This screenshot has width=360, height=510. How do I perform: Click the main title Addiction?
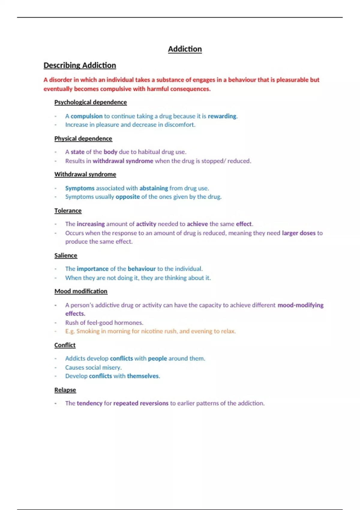(x=185, y=49)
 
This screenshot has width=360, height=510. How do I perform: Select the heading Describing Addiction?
(x=80, y=65)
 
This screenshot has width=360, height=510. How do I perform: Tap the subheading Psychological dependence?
(x=91, y=102)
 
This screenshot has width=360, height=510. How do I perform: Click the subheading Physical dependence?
(x=83, y=139)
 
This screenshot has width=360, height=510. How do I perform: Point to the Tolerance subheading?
(x=68, y=211)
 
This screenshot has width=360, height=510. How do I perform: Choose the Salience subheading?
(x=66, y=256)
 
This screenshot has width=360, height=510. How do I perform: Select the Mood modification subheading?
(x=81, y=291)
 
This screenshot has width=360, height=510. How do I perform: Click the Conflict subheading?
(x=65, y=345)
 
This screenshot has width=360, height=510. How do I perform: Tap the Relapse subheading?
(x=65, y=390)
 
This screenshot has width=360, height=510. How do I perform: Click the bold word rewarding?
(x=222, y=116)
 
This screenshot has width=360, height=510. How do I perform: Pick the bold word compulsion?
(x=86, y=116)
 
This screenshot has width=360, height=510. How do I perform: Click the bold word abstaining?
(x=154, y=188)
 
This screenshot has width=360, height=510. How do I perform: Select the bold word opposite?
(x=127, y=197)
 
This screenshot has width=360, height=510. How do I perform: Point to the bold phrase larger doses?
(x=298, y=233)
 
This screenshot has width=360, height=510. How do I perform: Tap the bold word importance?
(x=92, y=269)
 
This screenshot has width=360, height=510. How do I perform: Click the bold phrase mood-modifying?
(x=300, y=305)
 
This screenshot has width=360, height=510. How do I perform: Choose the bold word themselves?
(x=143, y=376)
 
